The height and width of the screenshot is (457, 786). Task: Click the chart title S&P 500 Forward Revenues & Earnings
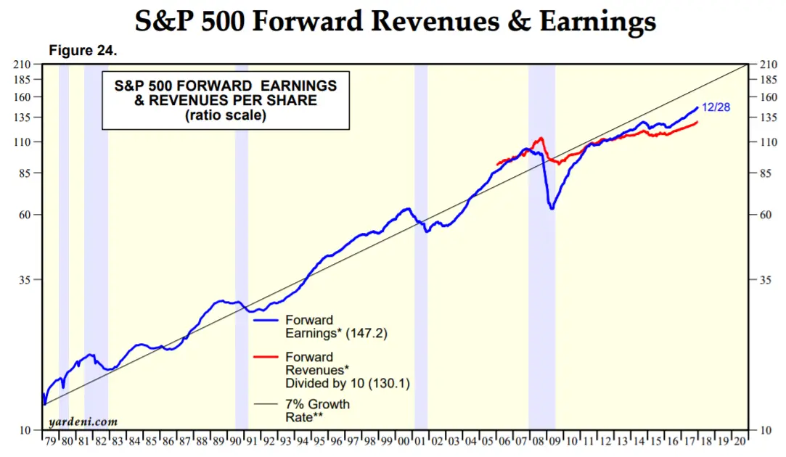pos(395,21)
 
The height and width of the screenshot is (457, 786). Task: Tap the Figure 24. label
pos(83,51)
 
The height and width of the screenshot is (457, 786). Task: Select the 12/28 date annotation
pos(716,107)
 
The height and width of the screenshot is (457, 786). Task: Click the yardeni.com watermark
pos(83,422)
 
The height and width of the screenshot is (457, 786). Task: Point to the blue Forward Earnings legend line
pos(266,320)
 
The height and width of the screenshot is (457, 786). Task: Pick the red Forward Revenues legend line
pos(266,357)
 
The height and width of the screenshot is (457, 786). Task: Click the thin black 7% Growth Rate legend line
pos(266,404)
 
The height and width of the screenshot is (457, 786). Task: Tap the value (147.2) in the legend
pos(367,334)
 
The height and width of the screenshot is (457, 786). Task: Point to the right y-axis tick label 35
pos(766,280)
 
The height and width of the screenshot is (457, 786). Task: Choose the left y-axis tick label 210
pos(22,65)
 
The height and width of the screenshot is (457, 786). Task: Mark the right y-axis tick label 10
pos(766,430)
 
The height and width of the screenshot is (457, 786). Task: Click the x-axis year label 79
pos(50,442)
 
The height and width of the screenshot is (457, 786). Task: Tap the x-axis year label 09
pos(554,442)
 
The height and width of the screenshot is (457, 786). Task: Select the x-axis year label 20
pos(740,442)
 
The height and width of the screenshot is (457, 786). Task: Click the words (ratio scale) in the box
pos(226,116)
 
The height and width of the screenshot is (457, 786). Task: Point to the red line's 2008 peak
pos(541,138)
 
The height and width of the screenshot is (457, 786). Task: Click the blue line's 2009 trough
pos(552,208)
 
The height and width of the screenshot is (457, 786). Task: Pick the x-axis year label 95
pos(319,442)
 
